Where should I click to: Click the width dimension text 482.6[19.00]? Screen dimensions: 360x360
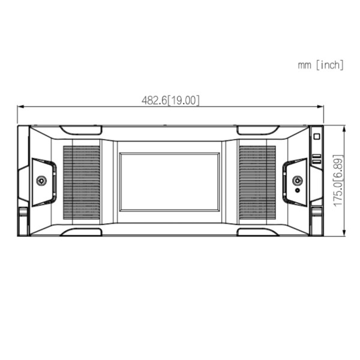tap(170, 100)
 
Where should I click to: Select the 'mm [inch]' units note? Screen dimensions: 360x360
tap(321, 65)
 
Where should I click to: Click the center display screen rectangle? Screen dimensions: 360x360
tap(170, 181)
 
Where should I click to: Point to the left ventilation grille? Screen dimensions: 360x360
tap(82, 181)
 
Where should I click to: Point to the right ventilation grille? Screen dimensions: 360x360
tap(257, 181)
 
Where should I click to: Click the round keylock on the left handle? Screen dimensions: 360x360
tap(41, 181)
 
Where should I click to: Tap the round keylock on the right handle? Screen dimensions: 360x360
tap(297, 181)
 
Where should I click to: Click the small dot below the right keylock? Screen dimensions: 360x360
tap(298, 191)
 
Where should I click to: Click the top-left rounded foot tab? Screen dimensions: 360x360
tap(80, 130)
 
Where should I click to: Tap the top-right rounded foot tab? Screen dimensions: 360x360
tap(258, 130)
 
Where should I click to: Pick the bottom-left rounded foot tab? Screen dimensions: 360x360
tap(80, 232)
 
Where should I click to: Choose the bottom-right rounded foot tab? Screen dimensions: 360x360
tap(258, 232)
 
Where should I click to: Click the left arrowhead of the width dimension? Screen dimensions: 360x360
tap(20, 107)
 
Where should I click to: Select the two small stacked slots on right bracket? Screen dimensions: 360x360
tap(316, 160)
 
